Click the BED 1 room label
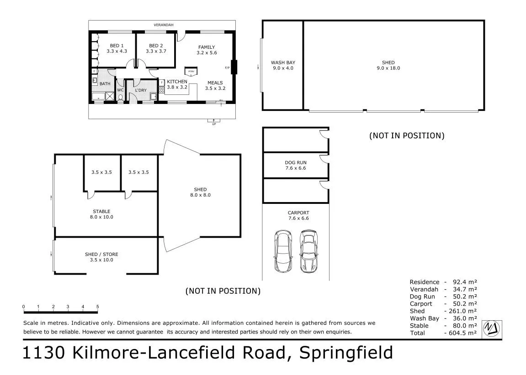click(x=117, y=46)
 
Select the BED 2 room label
click(x=156, y=46)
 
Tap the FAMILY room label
click(x=207, y=47)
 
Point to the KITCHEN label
click(x=177, y=81)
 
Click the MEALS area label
click(x=215, y=83)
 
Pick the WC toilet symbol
click(x=121, y=98)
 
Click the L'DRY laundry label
click(x=141, y=90)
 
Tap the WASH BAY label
click(x=283, y=62)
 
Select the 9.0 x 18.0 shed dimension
click(x=388, y=68)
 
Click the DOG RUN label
click(x=296, y=162)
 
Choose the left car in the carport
click(x=283, y=251)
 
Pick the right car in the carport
click(x=308, y=251)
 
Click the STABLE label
click(x=101, y=211)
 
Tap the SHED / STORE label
click(x=101, y=254)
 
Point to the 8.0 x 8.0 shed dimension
click(x=200, y=195)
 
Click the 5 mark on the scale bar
click(x=98, y=307)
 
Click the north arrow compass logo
click(x=492, y=328)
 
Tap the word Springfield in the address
click(x=346, y=353)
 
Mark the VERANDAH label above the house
click(x=163, y=25)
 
